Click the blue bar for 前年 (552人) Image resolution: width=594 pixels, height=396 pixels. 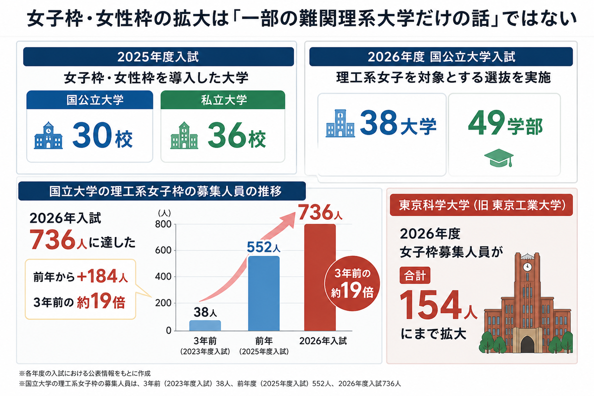[263, 294]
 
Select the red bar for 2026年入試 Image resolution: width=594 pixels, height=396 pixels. [320, 277]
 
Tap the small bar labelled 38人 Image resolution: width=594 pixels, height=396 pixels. [205, 325]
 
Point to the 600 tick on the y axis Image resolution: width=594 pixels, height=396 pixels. [163, 250]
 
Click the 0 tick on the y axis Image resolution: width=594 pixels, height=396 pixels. [169, 331]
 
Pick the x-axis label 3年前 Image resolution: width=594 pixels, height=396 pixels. [205, 341]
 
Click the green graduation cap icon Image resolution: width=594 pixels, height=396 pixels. [499, 158]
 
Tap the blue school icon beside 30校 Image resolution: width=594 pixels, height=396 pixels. [49, 135]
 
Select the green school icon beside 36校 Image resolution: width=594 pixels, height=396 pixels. [184, 135]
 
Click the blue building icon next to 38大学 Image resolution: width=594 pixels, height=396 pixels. [340, 123]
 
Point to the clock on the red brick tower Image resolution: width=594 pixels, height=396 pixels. [527, 267]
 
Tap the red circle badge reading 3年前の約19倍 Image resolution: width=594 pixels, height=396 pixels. [352, 283]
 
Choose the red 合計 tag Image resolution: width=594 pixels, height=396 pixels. [415, 275]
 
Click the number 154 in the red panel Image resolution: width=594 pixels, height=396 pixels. [431, 305]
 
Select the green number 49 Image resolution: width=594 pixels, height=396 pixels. [486, 123]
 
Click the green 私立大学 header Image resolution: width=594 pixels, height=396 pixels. [223, 99]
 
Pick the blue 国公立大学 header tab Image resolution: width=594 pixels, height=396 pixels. [90, 99]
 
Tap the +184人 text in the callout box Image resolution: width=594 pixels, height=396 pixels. [102, 276]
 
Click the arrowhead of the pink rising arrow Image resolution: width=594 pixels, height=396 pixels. [290, 219]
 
